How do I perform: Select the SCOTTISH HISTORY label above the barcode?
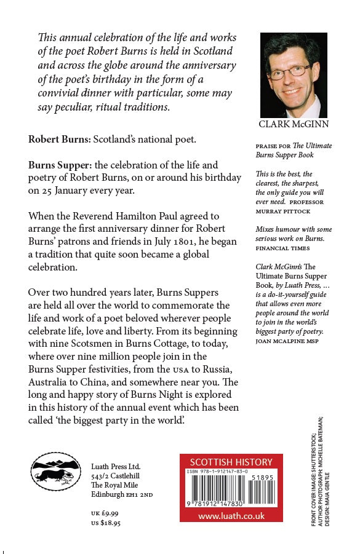coord(231,462)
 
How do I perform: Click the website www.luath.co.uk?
coord(231,516)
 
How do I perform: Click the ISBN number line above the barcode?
coord(216,472)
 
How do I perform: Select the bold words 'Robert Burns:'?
coord(59,139)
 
